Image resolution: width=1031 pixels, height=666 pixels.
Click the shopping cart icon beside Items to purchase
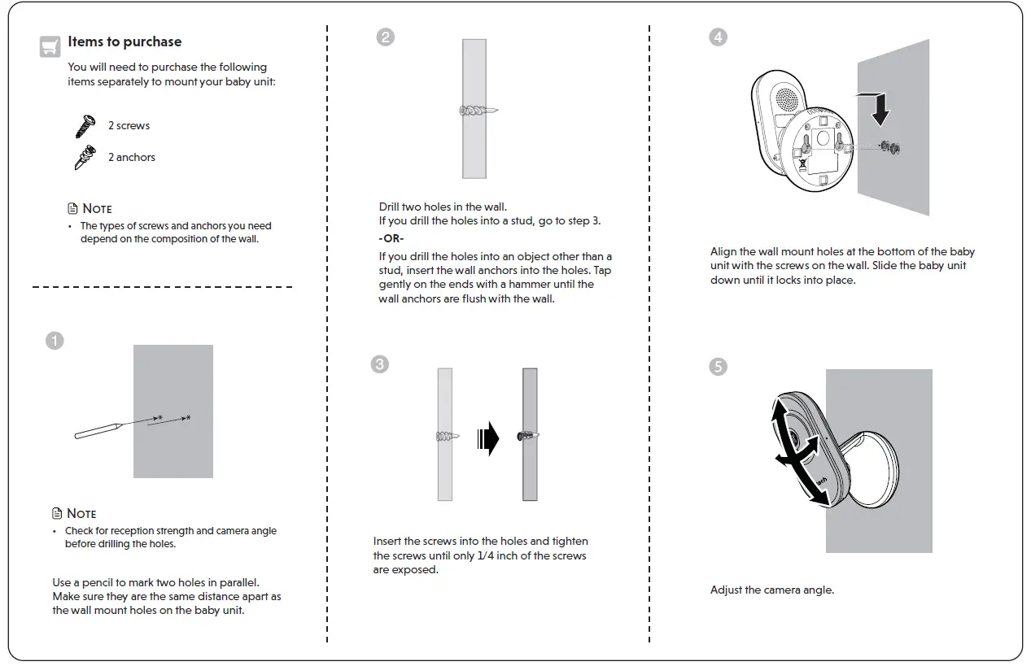click(50, 46)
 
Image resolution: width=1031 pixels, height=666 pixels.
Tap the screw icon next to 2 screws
click(85, 126)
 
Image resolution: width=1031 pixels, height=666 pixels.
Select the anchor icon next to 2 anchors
click(85, 157)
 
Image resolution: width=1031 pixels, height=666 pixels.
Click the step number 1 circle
click(55, 341)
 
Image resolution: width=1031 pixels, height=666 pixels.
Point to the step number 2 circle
click(386, 37)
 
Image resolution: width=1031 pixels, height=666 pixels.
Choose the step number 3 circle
click(379, 364)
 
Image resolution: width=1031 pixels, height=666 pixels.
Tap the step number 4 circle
click(718, 37)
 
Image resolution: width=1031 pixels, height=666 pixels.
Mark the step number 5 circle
click(718, 367)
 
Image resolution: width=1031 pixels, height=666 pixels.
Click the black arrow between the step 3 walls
click(488, 438)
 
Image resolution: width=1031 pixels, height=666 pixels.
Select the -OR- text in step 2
click(391, 238)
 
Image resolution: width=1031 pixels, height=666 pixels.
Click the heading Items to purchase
click(125, 41)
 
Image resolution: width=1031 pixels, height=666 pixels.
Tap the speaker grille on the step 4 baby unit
click(787, 101)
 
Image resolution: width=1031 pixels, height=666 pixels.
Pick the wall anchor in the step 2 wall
click(478, 110)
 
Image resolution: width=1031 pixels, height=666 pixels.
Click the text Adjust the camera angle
click(771, 590)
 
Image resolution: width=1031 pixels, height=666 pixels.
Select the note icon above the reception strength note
click(57, 513)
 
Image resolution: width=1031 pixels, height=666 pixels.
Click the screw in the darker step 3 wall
click(528, 437)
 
